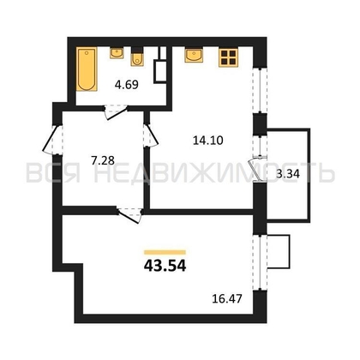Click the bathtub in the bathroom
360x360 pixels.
(87, 69)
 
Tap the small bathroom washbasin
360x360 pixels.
(117, 53)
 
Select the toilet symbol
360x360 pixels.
(137, 57)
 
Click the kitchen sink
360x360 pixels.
(194, 55)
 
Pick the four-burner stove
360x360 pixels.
(228, 57)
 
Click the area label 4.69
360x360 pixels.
(127, 85)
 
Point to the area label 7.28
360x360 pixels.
(103, 160)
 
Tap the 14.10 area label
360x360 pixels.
(208, 141)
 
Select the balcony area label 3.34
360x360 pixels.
(288, 173)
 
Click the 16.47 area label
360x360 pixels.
(227, 299)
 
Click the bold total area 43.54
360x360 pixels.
(165, 266)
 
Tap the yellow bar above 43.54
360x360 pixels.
(165, 252)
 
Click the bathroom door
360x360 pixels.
(116, 112)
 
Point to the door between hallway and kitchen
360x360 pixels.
(151, 135)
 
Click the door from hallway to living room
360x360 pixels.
(130, 215)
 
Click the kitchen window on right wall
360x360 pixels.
(261, 90)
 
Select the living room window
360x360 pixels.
(261, 261)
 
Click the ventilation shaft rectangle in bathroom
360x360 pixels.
(159, 71)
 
